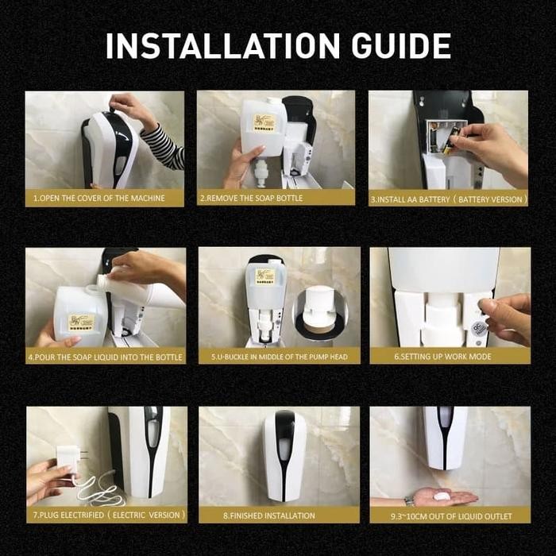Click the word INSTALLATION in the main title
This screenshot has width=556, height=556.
223,46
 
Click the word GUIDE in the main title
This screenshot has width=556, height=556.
401,46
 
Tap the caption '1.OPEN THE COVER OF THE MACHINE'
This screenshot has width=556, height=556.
99,199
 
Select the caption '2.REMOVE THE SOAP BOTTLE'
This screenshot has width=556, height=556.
251,199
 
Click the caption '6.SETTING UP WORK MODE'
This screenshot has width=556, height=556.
442,357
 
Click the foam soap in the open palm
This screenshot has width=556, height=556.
442,496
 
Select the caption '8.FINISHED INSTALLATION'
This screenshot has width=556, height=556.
269,515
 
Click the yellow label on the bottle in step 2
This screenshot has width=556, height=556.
264,122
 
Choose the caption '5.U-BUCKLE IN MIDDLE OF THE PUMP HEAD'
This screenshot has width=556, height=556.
280,357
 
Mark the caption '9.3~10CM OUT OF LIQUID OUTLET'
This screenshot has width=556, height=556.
451,516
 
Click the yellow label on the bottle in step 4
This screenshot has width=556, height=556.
81,322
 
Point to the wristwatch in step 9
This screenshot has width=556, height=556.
409,501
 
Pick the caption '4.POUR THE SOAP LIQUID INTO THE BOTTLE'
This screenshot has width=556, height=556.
106,357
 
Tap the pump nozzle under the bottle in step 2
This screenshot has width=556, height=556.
260,172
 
